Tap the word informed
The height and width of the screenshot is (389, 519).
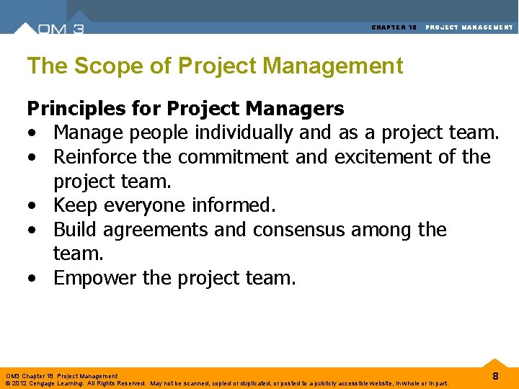pyautogui.click(x=234, y=205)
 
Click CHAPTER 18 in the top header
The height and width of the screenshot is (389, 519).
pyautogui.click(x=394, y=27)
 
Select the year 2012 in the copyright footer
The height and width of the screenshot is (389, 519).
pyautogui.click(x=17, y=383)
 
